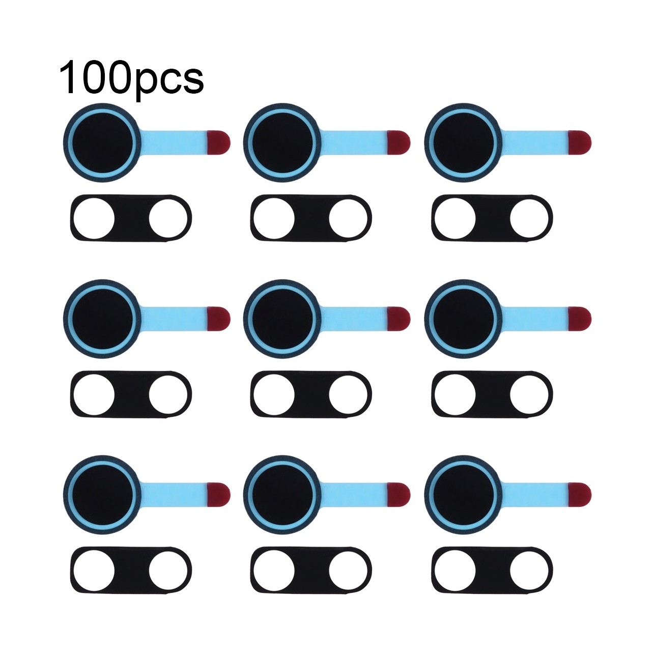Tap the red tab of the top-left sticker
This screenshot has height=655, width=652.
[x=218, y=143]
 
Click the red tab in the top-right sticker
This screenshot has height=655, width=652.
[x=579, y=143]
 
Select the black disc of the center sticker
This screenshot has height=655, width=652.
[x=282, y=319]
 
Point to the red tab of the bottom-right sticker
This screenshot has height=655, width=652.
[x=579, y=495]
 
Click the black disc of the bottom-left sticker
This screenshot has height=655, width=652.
[x=102, y=495]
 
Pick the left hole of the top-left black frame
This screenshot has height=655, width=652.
[x=94, y=218]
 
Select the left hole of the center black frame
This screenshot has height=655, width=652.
[x=274, y=394]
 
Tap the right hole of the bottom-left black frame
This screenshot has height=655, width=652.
[x=168, y=570]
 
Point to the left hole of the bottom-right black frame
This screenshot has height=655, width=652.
[x=455, y=570]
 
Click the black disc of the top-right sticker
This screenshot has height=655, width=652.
[x=463, y=143]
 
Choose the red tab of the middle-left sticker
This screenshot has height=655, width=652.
[x=218, y=319]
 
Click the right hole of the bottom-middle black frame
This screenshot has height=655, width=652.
[x=348, y=570]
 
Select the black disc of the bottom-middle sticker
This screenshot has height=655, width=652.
[x=282, y=495]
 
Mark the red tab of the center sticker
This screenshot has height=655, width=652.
[x=399, y=319]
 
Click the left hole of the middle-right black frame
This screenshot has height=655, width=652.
[x=455, y=394]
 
